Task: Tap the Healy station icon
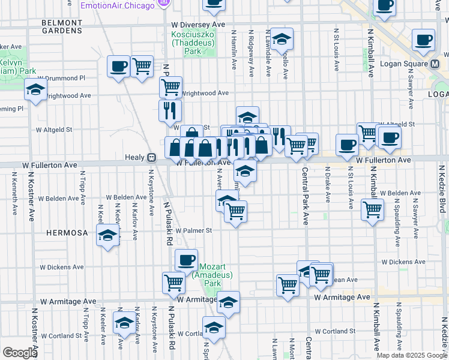pos(152,157)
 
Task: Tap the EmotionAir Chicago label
pos(118,5)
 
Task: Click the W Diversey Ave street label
pos(197,25)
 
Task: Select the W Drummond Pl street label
pos(61,78)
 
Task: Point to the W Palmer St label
pos(194,230)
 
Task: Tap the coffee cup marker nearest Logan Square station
pos(423,40)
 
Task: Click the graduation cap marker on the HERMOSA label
pos(107,236)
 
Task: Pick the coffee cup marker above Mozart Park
pos(186,259)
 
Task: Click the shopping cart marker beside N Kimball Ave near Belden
pos(373,210)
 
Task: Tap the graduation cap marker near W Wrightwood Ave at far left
pos(36,90)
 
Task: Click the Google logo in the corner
pos(20,353)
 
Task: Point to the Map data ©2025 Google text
pos(411,355)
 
